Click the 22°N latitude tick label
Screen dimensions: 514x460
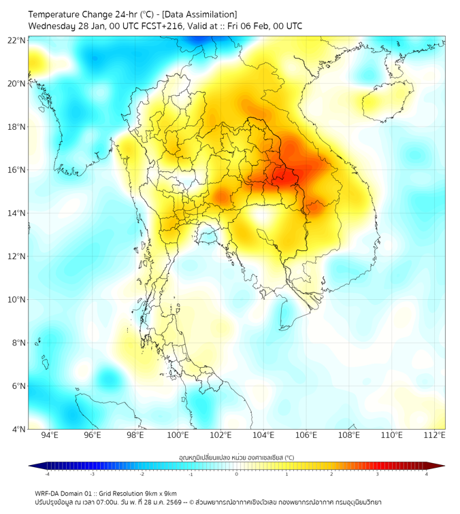[18, 40]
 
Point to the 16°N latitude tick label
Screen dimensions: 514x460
[18, 170]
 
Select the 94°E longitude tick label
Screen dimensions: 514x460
[50, 435]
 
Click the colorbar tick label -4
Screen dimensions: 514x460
[47, 474]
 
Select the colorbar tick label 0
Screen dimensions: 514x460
[237, 474]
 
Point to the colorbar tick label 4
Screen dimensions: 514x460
[426, 474]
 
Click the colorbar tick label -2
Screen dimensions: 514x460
[142, 474]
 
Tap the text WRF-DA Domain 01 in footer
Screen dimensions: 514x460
[65, 493]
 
